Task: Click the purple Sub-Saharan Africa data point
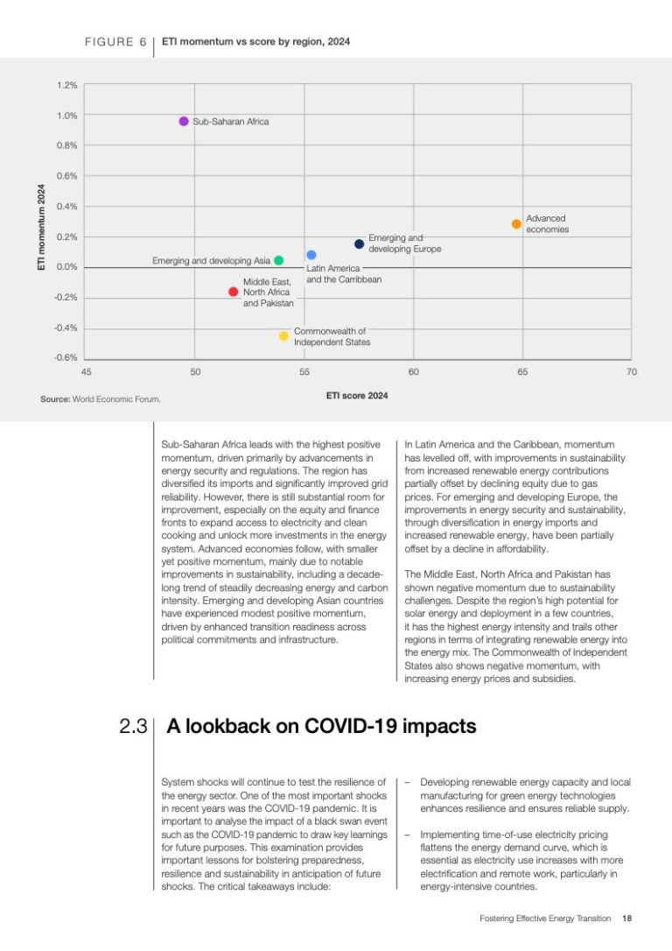184,121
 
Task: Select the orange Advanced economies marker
516,224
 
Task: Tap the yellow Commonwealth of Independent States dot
283,335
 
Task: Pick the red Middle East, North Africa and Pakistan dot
233,292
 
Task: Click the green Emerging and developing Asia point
278,260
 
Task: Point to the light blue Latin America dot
311,255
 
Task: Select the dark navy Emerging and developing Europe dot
359,244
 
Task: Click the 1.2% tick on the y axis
67,85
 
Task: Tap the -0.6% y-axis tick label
66,357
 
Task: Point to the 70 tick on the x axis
631,372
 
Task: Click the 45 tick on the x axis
86,372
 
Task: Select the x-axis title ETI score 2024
357,396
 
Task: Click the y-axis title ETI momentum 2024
41,226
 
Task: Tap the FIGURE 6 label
115,41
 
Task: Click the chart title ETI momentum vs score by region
256,41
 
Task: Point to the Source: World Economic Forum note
101,399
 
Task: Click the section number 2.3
132,727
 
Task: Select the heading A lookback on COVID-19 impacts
321,726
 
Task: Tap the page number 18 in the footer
626,919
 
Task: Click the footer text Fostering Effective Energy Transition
545,919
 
